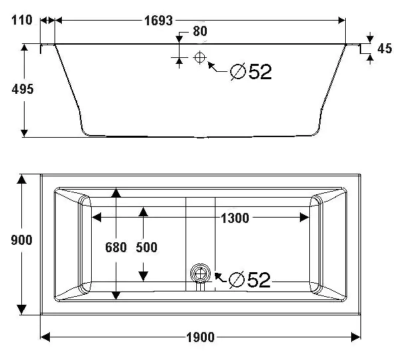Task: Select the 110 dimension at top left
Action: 21,20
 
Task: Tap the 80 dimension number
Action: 200,31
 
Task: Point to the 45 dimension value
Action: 384,48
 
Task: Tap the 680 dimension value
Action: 116,248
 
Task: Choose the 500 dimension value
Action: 146,248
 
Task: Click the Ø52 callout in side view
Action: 251,72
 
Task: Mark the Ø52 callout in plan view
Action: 249,280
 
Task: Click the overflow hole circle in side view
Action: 199,57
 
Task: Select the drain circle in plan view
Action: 199,273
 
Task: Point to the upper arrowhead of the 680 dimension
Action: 116,193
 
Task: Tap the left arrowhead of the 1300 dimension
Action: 96,217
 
